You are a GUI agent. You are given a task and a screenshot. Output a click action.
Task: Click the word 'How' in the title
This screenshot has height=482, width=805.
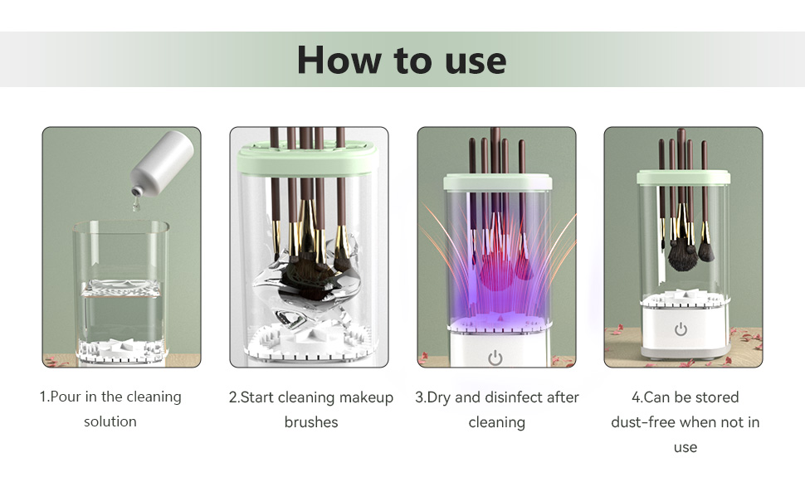pyautogui.click(x=339, y=60)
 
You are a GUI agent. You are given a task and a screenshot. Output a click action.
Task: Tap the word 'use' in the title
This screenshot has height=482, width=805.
pyautogui.click(x=476, y=62)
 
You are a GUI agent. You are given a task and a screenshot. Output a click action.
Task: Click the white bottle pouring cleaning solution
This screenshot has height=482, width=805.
pyautogui.click(x=163, y=160)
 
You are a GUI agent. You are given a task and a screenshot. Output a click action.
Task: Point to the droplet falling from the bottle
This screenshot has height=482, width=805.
pyautogui.click(x=135, y=205)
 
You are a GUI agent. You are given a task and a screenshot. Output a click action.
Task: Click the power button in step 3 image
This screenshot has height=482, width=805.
pyautogui.click(x=495, y=358)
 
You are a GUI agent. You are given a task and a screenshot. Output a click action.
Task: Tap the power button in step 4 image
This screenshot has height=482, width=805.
pyautogui.click(x=681, y=329)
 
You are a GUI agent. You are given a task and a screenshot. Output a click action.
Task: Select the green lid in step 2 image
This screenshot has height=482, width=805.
pyautogui.click(x=308, y=159)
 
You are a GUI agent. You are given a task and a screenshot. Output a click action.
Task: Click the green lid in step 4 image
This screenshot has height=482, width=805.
pyautogui.click(x=683, y=177)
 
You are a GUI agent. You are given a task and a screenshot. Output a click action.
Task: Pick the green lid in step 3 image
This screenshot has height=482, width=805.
pyautogui.click(x=497, y=182)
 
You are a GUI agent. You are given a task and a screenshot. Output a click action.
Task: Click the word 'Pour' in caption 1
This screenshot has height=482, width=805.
pyautogui.click(x=66, y=397)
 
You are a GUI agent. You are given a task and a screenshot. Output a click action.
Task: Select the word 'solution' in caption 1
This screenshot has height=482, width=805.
pyautogui.click(x=110, y=421)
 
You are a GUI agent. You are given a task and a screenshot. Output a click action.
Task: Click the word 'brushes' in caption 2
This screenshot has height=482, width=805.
pyautogui.click(x=311, y=422)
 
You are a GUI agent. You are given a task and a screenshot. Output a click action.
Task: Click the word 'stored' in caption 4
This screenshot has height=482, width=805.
pyautogui.click(x=715, y=397)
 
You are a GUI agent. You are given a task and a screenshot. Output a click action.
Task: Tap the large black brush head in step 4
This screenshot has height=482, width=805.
pyautogui.click(x=682, y=256)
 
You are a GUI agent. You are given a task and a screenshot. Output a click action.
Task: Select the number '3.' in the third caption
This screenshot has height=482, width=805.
pyautogui.click(x=421, y=397)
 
